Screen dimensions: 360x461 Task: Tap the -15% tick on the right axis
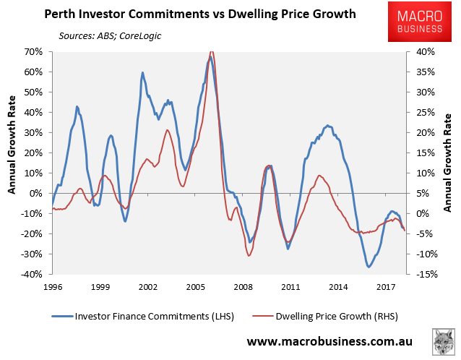[426, 274]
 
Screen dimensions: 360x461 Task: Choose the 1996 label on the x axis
[52, 286]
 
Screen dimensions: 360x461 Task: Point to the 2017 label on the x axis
[385, 286]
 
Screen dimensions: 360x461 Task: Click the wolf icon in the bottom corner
[443, 341]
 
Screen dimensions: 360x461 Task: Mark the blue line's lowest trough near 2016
[369, 267]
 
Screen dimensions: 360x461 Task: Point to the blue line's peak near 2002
[142, 73]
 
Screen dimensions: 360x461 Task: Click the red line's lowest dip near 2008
[249, 255]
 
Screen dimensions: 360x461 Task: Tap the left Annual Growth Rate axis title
[12, 163]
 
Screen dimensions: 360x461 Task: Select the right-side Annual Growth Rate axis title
[448, 163]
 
